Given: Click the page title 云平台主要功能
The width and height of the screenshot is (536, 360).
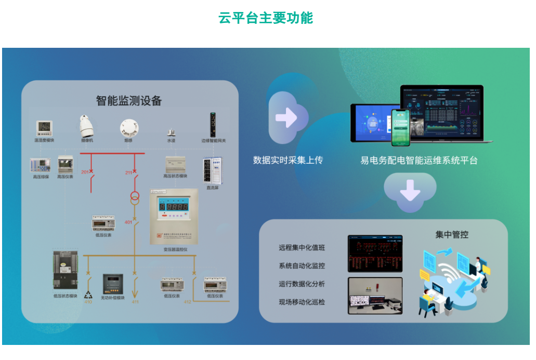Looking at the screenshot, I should pos(266,18).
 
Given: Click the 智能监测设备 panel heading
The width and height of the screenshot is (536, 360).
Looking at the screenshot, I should pos(129,100).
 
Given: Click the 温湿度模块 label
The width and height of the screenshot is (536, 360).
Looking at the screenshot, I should pos(44,141).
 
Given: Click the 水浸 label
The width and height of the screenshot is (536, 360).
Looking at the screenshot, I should pos(171,141).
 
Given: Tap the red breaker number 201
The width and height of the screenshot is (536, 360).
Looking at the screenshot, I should pos(85,172).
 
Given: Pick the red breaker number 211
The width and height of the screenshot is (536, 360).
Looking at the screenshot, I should pos(128,172).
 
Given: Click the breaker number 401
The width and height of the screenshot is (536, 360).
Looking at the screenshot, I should pos(128,222).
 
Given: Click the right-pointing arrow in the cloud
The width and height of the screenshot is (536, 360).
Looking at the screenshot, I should pos(285,118).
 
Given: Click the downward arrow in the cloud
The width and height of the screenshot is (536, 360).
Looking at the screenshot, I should pos(410,193).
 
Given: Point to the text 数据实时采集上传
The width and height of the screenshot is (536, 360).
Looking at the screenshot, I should pos(288,160).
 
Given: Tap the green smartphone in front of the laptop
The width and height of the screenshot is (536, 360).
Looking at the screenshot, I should pos(400,127).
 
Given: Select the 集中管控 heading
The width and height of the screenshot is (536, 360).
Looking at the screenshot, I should pos(452,235).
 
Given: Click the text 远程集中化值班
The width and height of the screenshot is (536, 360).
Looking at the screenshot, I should pos(302,248).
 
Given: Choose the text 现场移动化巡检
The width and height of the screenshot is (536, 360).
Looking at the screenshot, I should pos(302,302).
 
